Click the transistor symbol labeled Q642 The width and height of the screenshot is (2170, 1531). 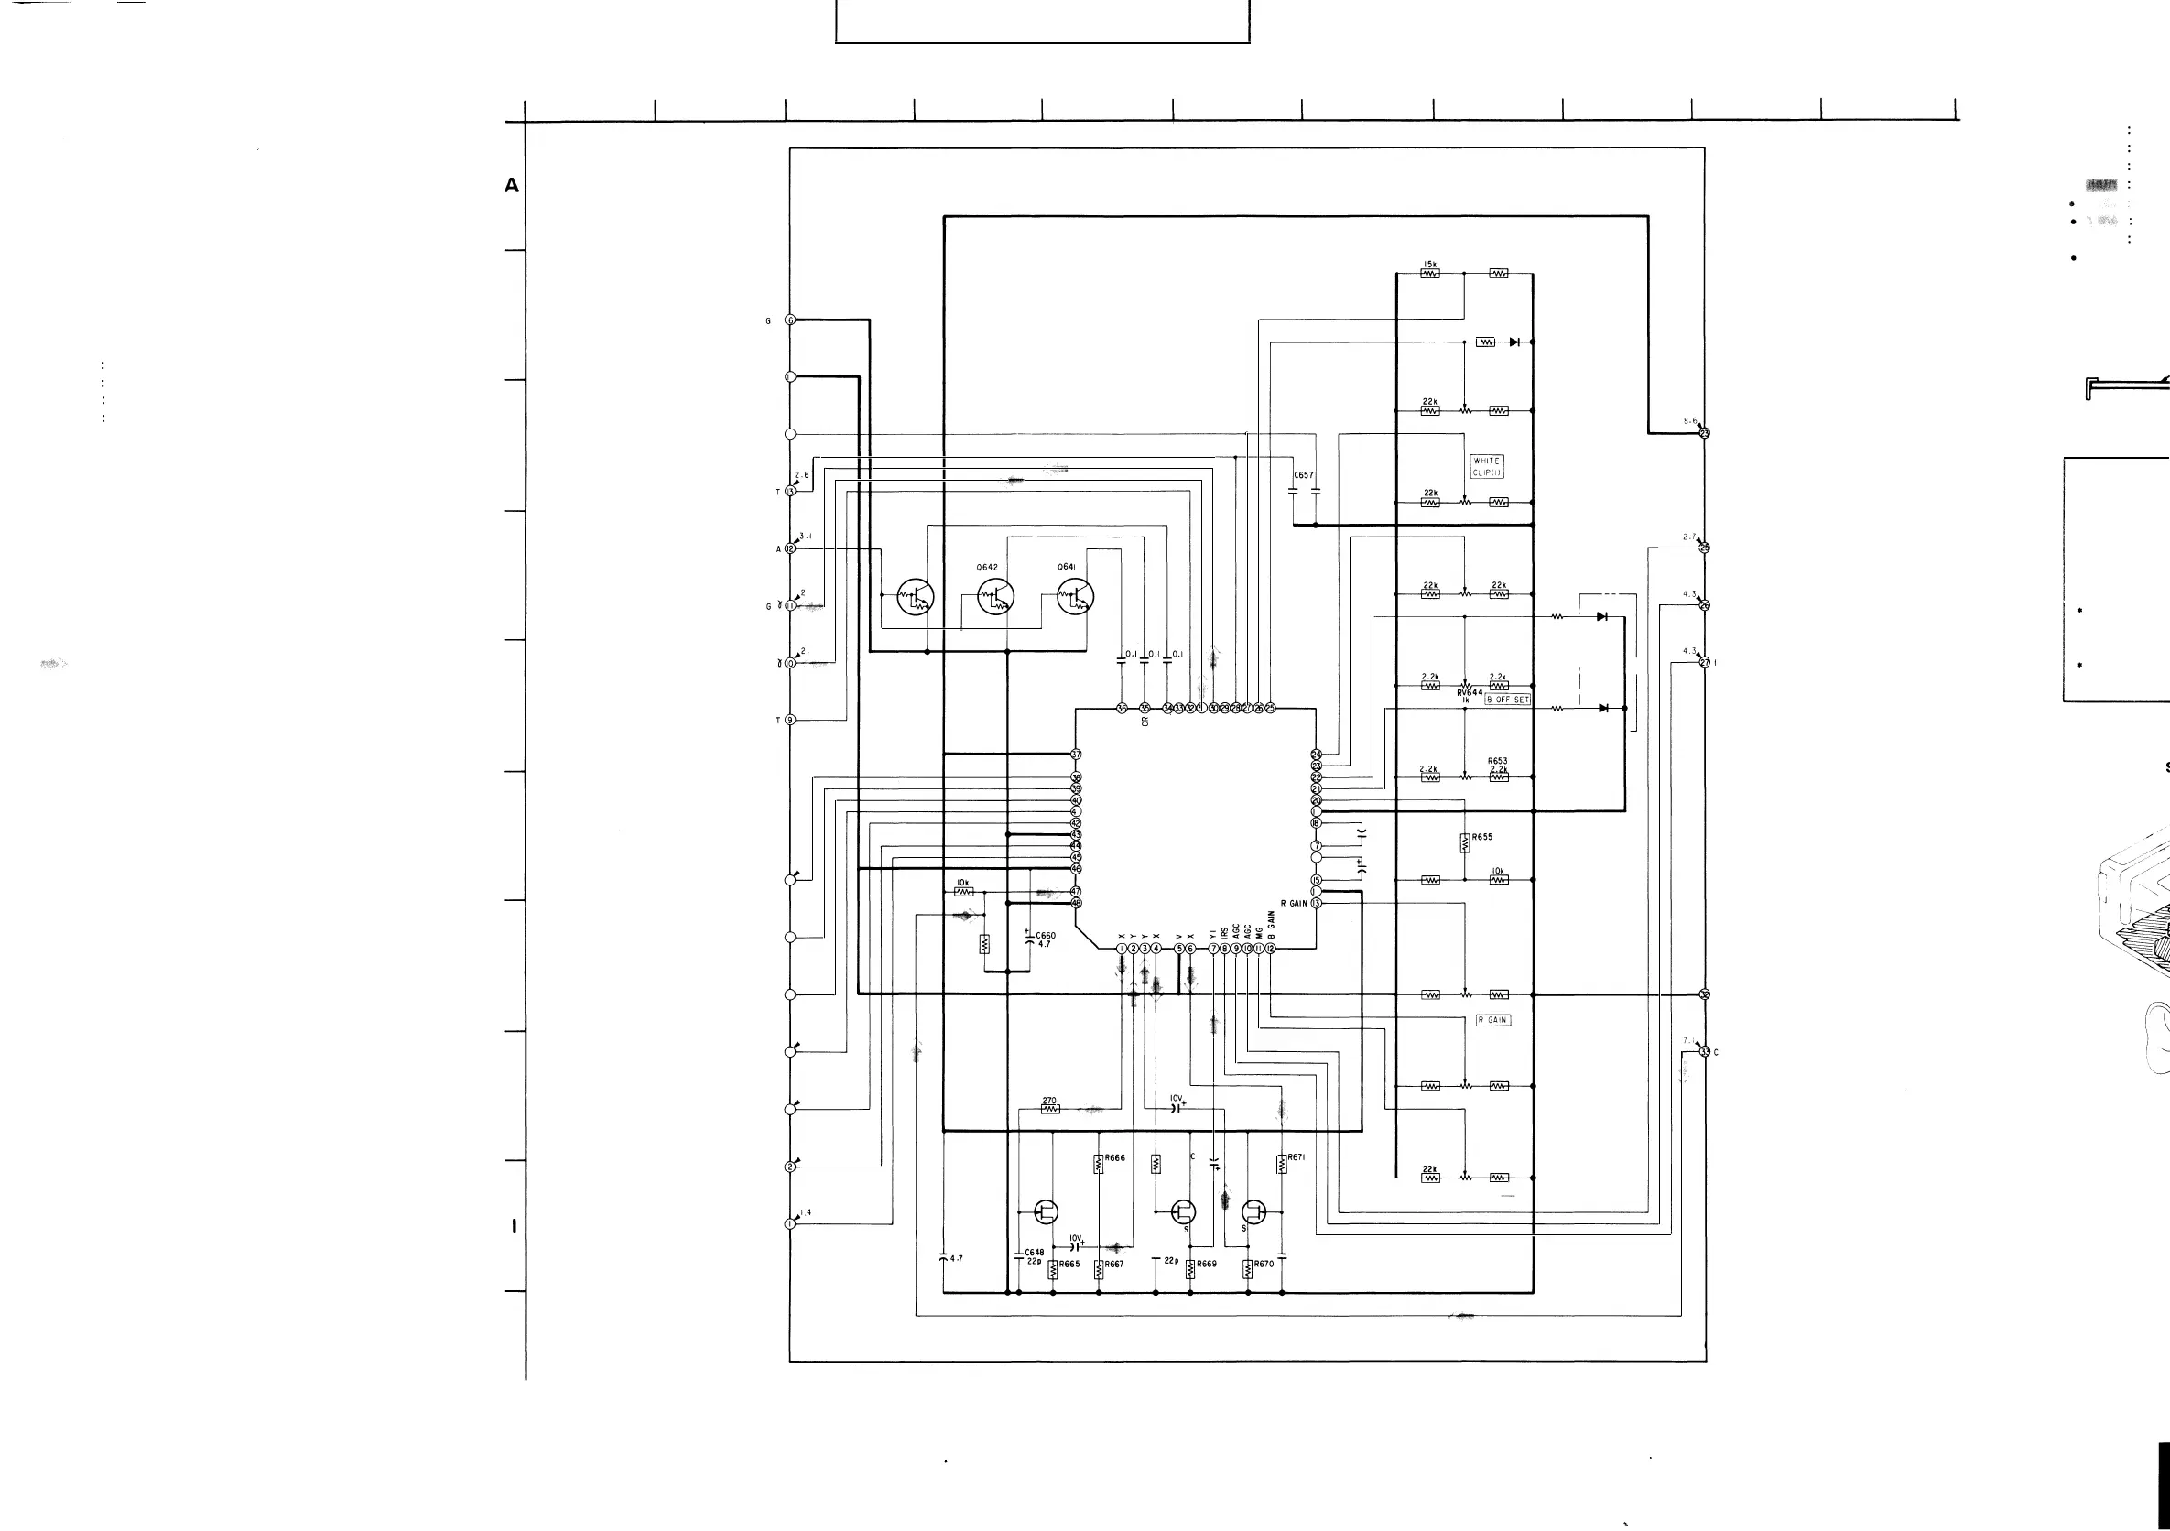(995, 596)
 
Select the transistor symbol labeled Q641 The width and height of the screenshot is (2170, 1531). (1075, 596)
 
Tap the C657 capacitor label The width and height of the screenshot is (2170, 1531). (1303, 475)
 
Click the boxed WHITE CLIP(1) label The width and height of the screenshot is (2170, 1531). (1487, 467)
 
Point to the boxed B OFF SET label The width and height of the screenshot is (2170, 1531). (1507, 700)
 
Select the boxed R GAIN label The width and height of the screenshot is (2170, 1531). (1493, 1020)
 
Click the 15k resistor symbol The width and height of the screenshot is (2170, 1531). (1430, 274)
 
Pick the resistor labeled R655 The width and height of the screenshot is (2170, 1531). (1465, 842)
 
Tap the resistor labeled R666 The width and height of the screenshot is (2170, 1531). (1098, 1165)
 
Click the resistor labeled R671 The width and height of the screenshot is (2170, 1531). (1282, 1164)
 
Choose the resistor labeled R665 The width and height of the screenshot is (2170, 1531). (1053, 1270)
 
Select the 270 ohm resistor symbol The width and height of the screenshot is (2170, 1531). (1050, 1110)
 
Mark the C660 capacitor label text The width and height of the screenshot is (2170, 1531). (1046, 936)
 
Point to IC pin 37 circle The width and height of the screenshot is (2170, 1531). (1076, 755)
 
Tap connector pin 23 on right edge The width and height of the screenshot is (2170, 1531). (1705, 434)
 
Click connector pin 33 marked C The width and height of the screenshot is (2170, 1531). (1705, 1052)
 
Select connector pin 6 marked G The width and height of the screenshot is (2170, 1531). (790, 320)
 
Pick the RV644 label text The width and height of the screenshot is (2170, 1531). (1470, 693)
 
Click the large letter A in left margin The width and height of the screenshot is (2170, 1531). (511, 185)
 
